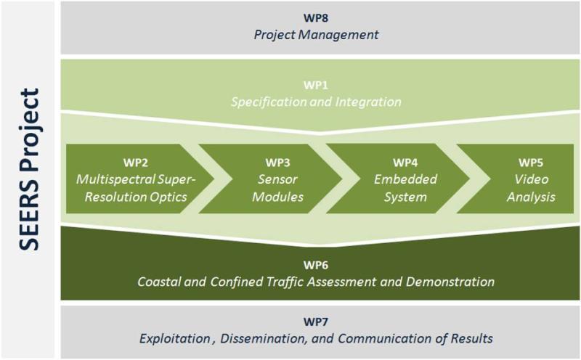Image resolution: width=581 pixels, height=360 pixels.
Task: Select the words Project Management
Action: point(317,33)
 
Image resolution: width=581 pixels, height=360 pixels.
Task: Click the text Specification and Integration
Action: point(317,102)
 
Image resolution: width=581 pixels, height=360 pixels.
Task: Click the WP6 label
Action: point(317,263)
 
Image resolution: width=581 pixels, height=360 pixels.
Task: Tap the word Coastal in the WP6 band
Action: point(158,281)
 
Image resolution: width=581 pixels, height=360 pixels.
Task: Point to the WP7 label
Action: point(317,319)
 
